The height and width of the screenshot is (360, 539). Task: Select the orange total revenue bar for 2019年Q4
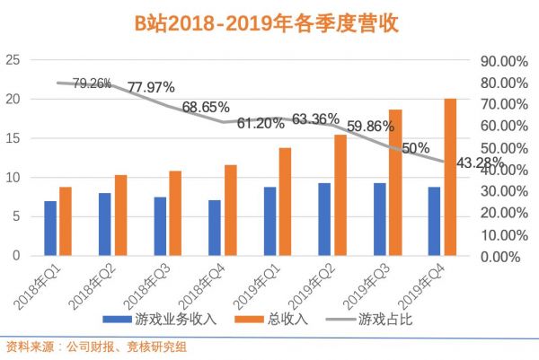pos(450,177)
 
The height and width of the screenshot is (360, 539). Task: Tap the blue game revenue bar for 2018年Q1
pos(50,228)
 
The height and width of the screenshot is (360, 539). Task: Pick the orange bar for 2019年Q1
pos(285,201)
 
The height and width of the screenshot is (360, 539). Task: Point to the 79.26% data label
pos(92,84)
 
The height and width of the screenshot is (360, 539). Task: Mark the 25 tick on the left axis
pos(13,60)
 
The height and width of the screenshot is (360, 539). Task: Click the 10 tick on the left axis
pos(13,178)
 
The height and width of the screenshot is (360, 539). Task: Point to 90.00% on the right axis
pos(499,61)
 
